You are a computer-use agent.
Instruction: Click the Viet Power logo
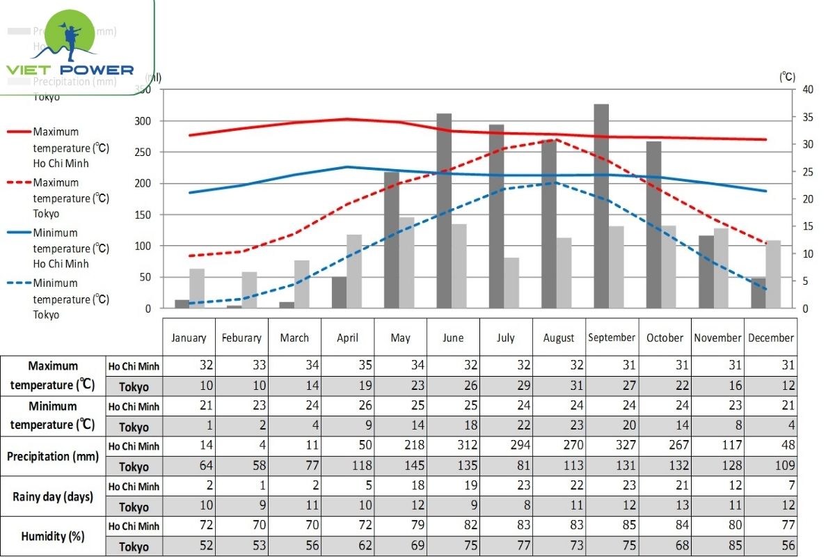70,45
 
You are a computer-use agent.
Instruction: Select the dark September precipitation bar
601,206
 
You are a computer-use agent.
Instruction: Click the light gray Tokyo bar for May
407,262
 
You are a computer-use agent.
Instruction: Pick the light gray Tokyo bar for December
774,274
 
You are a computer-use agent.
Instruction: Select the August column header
559,338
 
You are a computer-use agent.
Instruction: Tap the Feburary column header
241,338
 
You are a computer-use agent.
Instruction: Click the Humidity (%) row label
53,536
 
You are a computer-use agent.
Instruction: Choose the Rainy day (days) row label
53,496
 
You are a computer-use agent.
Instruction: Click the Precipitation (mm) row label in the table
53,457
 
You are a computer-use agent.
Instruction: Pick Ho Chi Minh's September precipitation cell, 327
612,446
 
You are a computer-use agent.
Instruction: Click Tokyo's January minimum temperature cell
189,426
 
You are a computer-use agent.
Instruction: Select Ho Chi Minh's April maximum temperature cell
347,366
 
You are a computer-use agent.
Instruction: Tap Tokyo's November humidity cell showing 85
717,546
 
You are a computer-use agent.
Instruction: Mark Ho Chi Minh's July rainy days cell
506,486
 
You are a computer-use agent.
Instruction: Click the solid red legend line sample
19,131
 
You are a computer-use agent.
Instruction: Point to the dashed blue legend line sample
19,283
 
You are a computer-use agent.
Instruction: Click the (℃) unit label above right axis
787,77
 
